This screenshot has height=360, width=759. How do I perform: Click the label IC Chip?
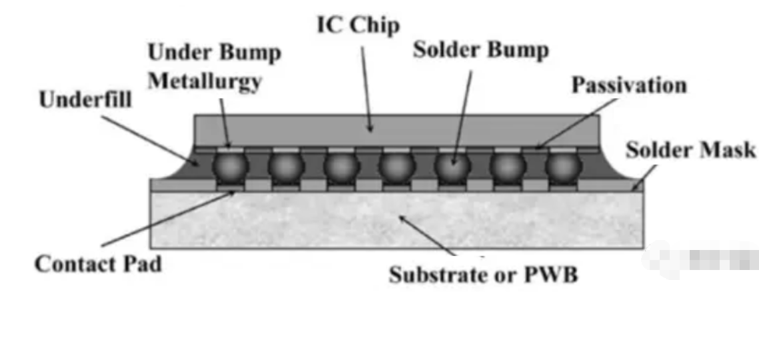pos(357,25)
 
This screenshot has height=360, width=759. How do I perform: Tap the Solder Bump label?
pos(480,51)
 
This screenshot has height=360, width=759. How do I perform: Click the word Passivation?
pos(629,85)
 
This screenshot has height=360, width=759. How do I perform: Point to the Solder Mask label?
pos(690,150)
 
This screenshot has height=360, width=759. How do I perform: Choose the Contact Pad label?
pos(98,264)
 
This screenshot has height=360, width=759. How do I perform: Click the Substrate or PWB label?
pos(483,275)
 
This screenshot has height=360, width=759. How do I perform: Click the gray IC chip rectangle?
pos(396,129)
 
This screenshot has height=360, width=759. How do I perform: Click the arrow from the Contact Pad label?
pos(167,220)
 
